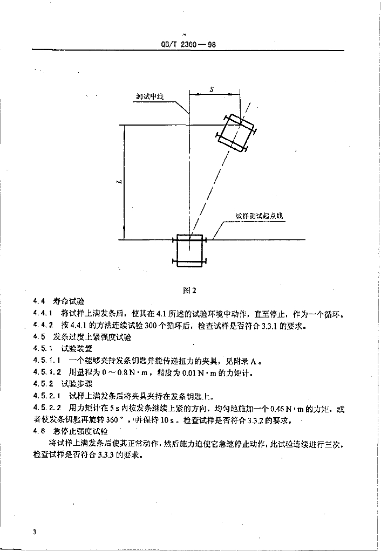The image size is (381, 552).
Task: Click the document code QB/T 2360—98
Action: pos(188,45)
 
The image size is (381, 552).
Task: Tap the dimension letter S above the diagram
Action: pos(212,89)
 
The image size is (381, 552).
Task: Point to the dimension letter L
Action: pos(119,182)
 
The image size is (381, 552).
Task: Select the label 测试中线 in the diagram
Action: pos(150,96)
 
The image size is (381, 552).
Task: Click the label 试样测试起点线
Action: pos(259,216)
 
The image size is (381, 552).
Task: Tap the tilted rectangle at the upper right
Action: pos(236,133)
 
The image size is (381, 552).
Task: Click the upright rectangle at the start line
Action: pos(189,251)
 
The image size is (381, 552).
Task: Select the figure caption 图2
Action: pos(189,290)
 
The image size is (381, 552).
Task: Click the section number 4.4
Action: pos(39,301)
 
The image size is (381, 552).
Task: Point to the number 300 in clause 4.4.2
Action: pos(151,326)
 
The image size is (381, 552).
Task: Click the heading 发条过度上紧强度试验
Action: pos(92,337)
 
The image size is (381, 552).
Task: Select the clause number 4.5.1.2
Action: pos(47,372)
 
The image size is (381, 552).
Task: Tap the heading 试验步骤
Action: pos(77,384)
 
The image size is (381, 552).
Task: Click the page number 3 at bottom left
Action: pos(35,532)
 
